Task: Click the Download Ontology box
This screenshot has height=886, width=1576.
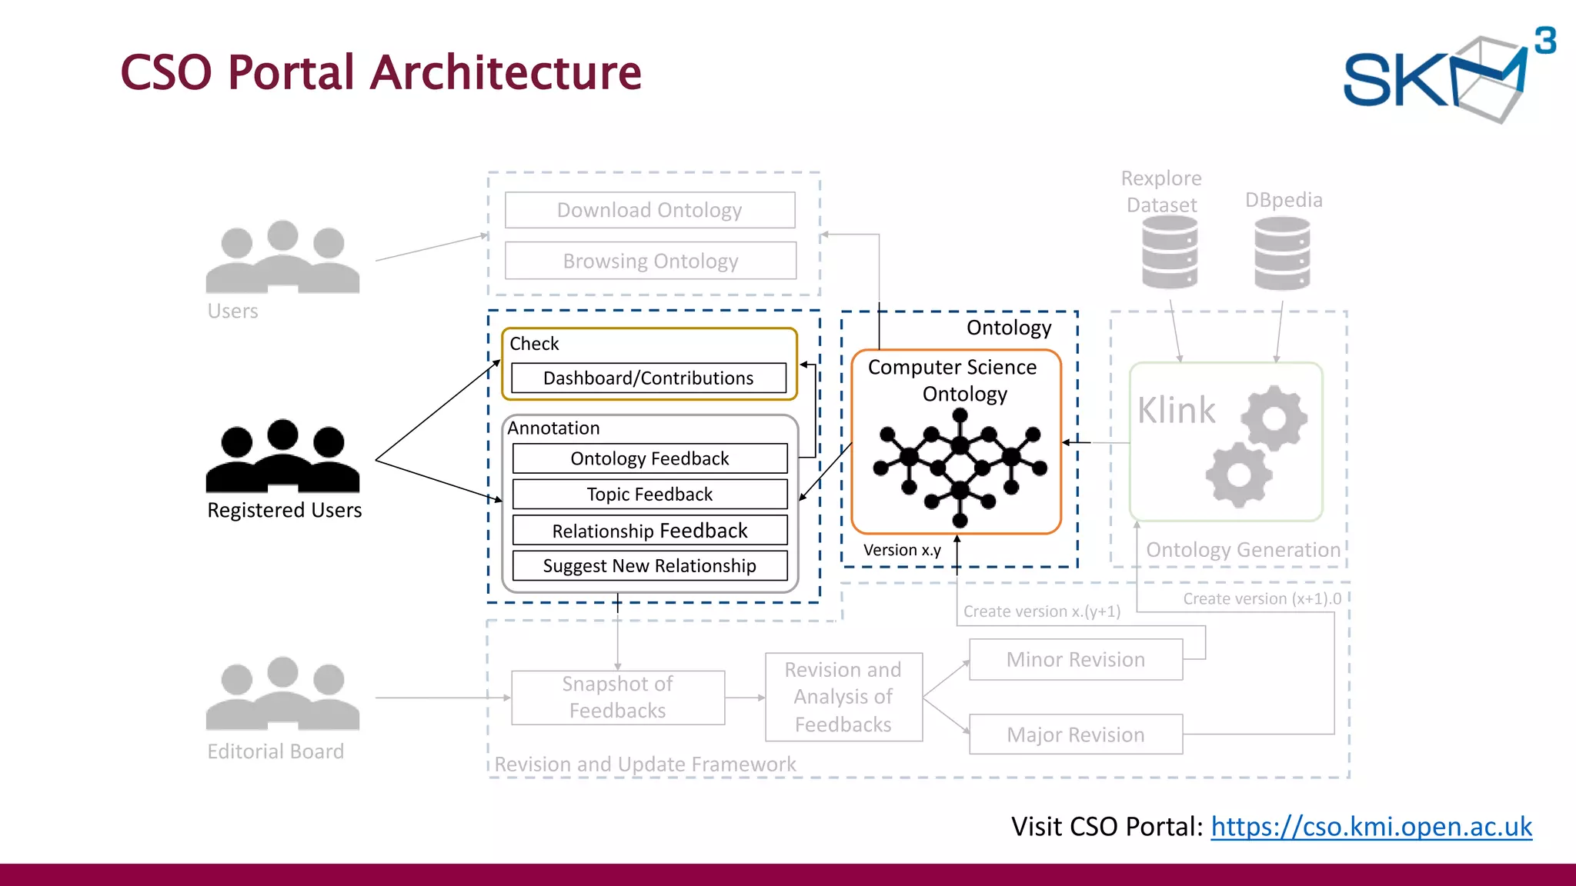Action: click(649, 210)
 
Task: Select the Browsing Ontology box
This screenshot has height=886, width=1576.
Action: click(650, 261)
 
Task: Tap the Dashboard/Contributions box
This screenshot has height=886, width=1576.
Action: click(648, 378)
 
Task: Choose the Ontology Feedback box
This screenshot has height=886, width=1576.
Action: click(649, 458)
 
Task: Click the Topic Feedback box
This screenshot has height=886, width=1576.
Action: click(649, 494)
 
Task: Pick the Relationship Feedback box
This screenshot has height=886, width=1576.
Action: click(649, 530)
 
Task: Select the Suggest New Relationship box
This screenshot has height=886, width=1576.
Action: click(649, 565)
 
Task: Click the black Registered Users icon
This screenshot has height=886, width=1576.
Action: click(282, 457)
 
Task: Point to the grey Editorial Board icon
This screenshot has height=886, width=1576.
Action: click(282, 694)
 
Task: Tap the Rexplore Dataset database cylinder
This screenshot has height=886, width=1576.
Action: click(1169, 252)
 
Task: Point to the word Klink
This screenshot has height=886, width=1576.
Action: click(1176, 410)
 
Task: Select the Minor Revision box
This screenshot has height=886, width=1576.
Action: click(1075, 659)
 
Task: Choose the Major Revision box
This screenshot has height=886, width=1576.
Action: click(1075, 734)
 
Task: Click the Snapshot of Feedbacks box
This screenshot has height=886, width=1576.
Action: click(617, 697)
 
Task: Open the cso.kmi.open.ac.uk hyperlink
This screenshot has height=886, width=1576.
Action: click(1371, 826)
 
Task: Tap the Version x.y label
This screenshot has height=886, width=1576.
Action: click(902, 550)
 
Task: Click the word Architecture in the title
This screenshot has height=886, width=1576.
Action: click(506, 73)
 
